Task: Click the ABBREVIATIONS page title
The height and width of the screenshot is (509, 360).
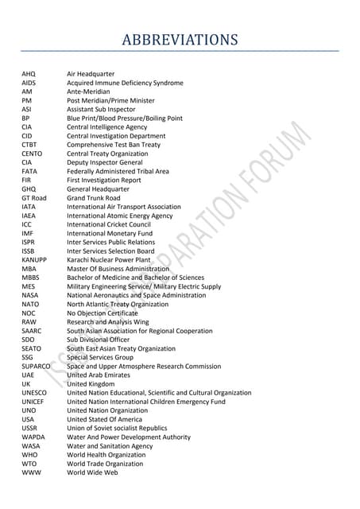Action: pos(180,40)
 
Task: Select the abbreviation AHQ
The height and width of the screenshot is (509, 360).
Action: pos(29,74)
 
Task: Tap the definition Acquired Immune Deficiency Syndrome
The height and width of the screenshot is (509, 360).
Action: pos(125,83)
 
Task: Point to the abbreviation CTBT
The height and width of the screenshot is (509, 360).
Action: pos(30,145)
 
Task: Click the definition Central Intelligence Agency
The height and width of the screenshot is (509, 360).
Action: pos(106,127)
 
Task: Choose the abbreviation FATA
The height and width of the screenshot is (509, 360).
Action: pos(30,171)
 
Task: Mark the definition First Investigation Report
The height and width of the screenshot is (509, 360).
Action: pos(103,181)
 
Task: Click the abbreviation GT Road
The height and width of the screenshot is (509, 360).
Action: pos(34,198)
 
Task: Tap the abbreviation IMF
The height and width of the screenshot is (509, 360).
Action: pos(29,233)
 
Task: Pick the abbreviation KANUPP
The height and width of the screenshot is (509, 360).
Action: pos(34,260)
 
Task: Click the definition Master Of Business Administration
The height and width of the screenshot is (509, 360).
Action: pos(118,269)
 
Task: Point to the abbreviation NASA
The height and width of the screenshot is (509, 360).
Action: pos(30,295)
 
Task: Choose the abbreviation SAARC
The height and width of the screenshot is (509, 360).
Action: pos(32,331)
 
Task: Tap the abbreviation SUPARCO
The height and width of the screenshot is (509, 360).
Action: pos(37,366)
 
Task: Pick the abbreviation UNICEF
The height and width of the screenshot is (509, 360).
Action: pos(33,402)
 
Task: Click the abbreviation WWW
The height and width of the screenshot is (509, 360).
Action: pos(30,472)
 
